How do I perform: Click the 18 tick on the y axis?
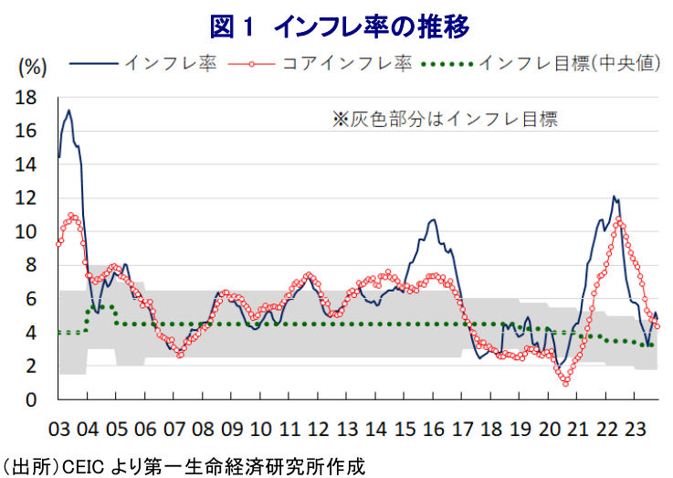click(27, 98)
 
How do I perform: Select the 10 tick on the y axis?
click(27, 232)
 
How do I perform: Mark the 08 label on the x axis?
click(202, 430)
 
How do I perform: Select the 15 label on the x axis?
click(404, 430)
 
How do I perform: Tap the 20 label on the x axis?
click(548, 430)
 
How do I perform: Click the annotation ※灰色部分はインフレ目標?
click(445, 118)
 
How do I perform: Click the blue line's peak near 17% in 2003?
click(68, 111)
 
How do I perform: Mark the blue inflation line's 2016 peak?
click(433, 219)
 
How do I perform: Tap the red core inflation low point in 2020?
click(566, 383)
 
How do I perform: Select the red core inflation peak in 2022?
click(620, 219)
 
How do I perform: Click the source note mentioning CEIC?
click(183, 466)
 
